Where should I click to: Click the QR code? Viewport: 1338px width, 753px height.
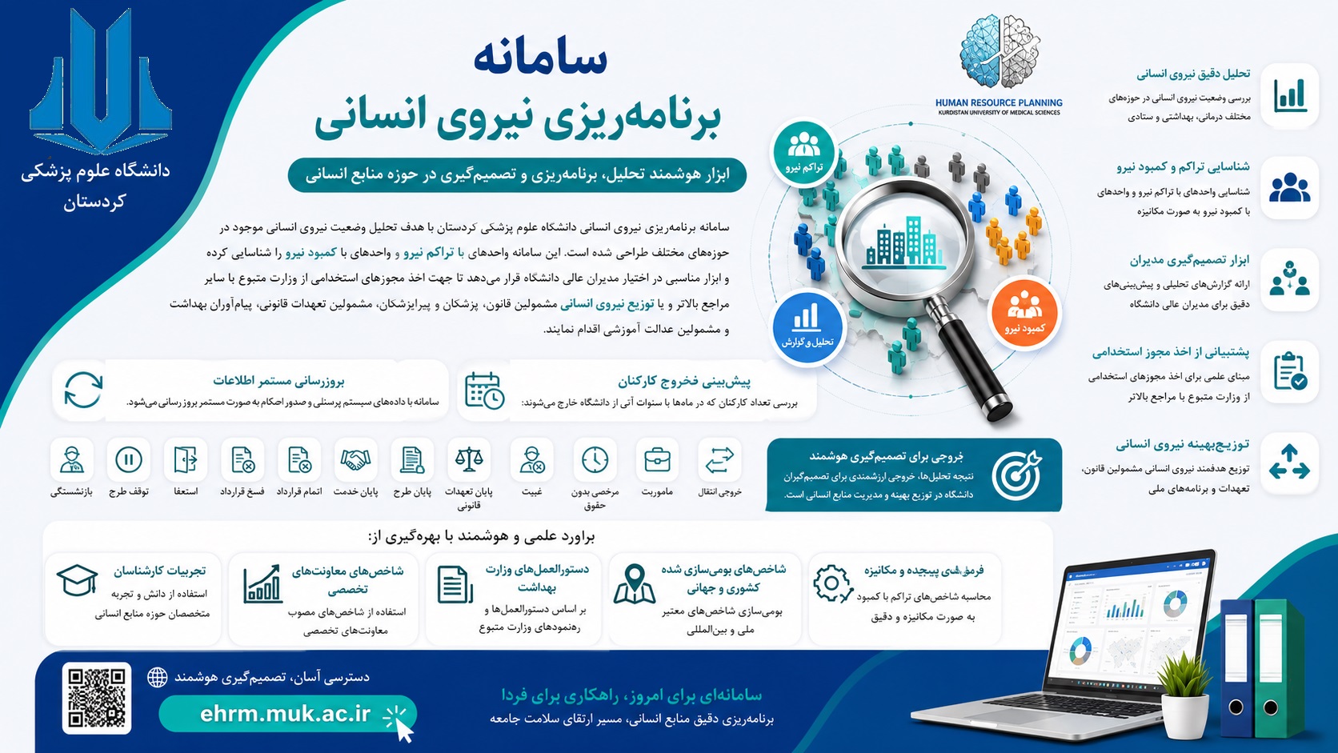click(x=97, y=698)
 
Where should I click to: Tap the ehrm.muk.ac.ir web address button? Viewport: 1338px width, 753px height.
click(x=287, y=714)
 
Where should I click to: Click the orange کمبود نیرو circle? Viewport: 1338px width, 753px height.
click(x=1024, y=312)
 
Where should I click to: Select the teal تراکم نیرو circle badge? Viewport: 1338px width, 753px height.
click(x=804, y=152)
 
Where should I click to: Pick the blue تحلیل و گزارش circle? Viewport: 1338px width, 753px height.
click(x=807, y=327)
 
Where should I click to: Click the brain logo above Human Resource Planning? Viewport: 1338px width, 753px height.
click(x=999, y=52)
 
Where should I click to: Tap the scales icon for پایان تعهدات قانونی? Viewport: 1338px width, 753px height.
click(x=469, y=459)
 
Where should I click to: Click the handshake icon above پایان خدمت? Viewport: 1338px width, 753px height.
click(x=355, y=459)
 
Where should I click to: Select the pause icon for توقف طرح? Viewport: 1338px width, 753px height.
click(x=128, y=460)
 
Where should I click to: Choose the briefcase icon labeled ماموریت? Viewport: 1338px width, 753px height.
click(x=657, y=460)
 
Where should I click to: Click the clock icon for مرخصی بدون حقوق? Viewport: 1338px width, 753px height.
click(x=595, y=460)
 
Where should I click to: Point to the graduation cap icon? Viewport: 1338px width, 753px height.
click(x=77, y=580)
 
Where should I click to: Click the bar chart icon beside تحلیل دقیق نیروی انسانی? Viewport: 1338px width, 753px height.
click(x=1290, y=95)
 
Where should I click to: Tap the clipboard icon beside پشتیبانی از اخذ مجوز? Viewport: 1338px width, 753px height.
click(x=1290, y=371)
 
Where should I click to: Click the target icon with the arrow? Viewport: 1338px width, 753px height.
click(x=1016, y=475)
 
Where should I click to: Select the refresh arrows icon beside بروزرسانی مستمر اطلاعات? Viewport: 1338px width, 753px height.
click(x=83, y=390)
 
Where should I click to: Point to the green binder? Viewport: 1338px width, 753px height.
click(x=1278, y=668)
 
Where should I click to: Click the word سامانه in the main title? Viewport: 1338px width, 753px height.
click(x=541, y=58)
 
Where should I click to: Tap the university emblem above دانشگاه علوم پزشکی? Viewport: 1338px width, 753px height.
click(x=101, y=81)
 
